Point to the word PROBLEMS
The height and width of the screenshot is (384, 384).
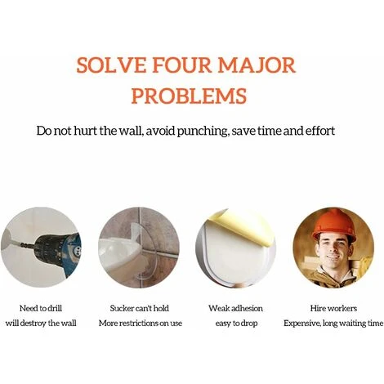[189, 96]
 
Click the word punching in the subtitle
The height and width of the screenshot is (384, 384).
[202, 131]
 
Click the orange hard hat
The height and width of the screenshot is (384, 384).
[333, 225]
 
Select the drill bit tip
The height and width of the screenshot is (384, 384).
[17, 243]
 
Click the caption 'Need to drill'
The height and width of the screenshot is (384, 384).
[41, 308]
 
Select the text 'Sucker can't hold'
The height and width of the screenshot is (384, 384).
[140, 308]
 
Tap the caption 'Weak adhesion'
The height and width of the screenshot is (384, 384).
[236, 308]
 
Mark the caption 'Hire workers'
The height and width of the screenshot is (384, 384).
[333, 308]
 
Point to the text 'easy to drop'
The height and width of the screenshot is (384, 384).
[236, 324]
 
